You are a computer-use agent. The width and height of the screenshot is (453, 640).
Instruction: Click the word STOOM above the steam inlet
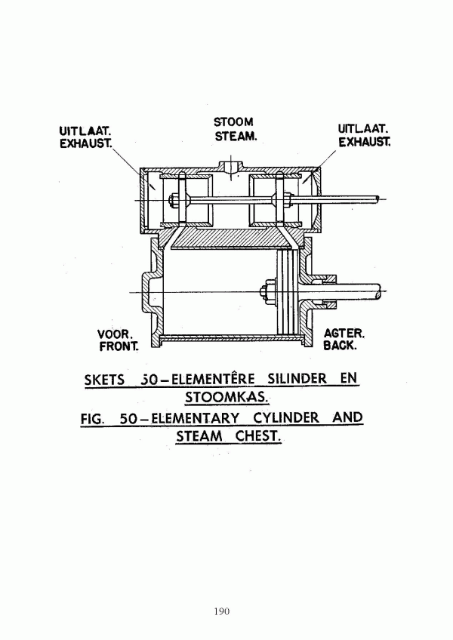pos(233,122)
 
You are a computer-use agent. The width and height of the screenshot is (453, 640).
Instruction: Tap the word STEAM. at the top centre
pos(236,137)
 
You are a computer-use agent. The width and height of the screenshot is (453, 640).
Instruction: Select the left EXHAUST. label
pos(86,144)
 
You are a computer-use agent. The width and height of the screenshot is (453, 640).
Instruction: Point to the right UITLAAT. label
pos(363,129)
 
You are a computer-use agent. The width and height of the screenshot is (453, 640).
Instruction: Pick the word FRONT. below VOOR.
pos(119,346)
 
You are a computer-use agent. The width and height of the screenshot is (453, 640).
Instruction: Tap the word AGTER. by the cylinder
pos(344,334)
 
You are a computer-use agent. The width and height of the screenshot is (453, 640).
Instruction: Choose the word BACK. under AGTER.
pos(341,346)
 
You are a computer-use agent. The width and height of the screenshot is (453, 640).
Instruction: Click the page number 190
pos(221,611)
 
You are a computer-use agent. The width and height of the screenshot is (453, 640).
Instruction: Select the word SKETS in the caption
pos(104,380)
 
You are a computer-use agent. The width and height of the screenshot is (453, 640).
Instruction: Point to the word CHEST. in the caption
pos(258,436)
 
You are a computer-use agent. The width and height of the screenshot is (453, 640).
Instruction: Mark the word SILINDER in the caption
pos(297,379)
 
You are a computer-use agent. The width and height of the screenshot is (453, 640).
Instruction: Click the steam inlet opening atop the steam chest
pos(231,168)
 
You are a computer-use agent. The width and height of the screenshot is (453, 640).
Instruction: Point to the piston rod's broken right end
pos(382,292)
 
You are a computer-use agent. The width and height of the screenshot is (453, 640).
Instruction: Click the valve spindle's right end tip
pos(377,198)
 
